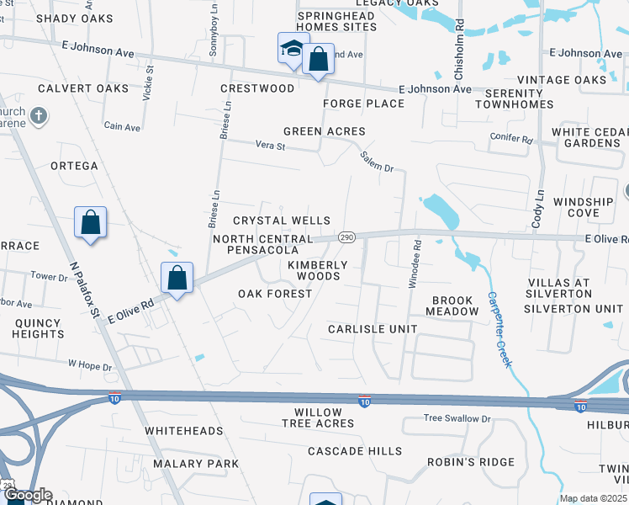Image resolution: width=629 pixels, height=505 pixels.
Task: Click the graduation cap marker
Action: [292, 50]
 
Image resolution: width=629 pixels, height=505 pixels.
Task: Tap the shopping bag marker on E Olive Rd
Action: [177, 277]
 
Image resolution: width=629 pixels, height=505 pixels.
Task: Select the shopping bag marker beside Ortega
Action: [91, 223]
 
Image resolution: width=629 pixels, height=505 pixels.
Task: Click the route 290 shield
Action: [346, 238]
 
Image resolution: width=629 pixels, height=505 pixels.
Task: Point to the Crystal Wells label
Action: [282, 221]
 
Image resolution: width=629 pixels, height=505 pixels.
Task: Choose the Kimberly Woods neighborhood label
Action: [318, 270]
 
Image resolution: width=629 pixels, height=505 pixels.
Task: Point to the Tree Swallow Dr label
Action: [457, 418]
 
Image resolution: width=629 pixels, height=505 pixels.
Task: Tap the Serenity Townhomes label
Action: [515, 98]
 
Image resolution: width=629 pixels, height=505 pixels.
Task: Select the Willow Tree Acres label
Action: [318, 417]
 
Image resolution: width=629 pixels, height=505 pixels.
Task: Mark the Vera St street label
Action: [271, 146]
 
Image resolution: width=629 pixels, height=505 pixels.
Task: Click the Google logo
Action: [27, 496]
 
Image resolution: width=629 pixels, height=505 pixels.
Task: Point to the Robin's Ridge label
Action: [470, 462]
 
